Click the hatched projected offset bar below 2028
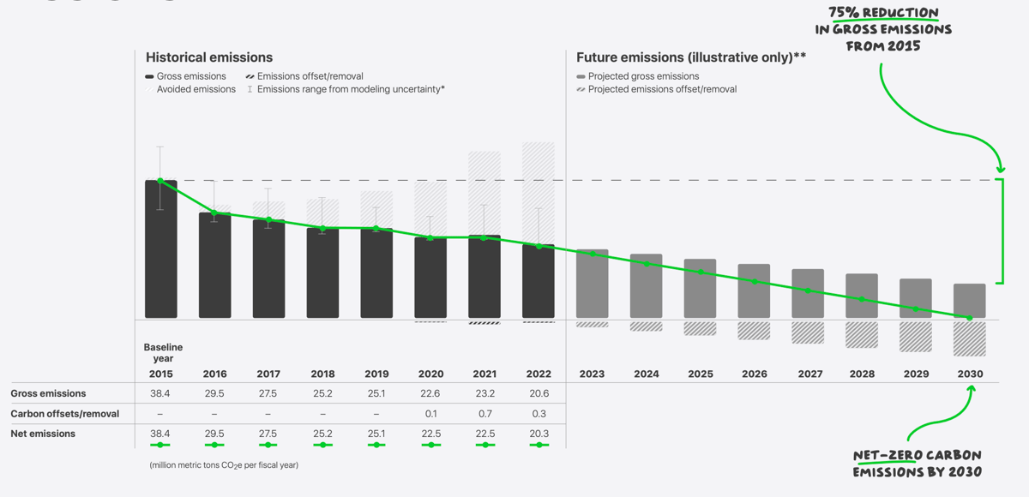861,334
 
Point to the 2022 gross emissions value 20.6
539,393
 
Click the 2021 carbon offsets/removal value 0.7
484,414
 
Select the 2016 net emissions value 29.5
214,434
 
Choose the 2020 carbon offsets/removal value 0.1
430,414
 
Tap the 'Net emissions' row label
43,434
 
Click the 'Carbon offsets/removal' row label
65,414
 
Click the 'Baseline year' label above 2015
163,352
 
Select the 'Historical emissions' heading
209,57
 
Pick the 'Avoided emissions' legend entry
196,89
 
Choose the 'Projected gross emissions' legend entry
643,76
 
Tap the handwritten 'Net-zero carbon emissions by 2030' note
917,464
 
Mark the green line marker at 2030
969,318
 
